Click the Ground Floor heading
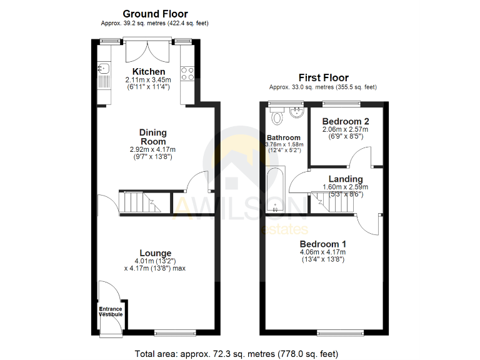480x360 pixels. pos(155,14)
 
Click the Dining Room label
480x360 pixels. pos(153,137)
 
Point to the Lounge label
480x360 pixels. pos(156,253)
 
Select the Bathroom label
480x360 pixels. pos(283,137)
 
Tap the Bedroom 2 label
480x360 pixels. pos(346,121)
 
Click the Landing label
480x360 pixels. pos(346,179)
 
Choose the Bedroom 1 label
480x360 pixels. pos(323,243)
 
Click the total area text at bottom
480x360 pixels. pos(237,354)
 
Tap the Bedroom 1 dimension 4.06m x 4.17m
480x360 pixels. pos(323,252)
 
